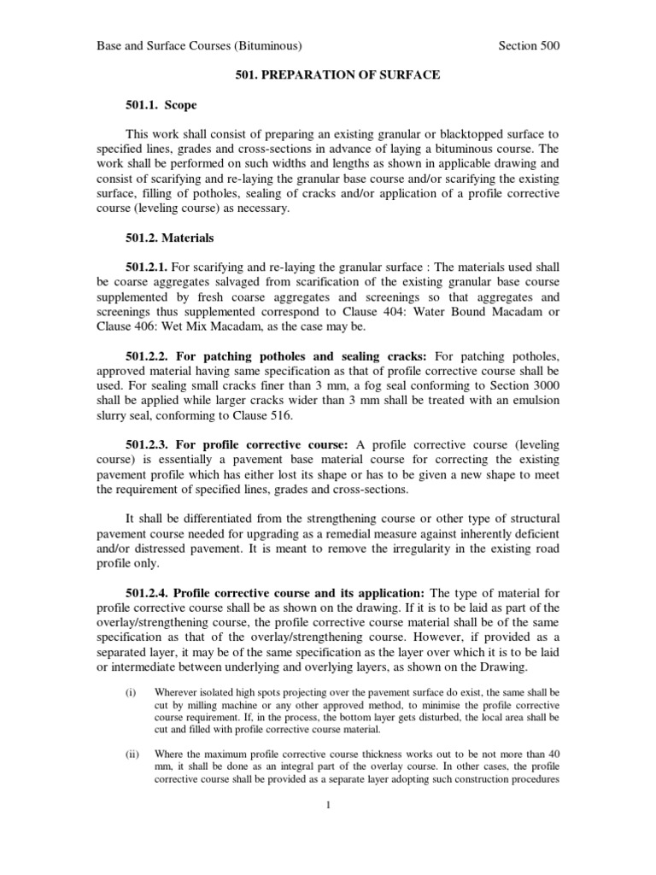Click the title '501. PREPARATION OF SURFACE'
337,75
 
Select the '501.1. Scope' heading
161,105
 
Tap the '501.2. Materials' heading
169,238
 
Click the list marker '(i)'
131,690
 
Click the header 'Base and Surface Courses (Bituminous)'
198,46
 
